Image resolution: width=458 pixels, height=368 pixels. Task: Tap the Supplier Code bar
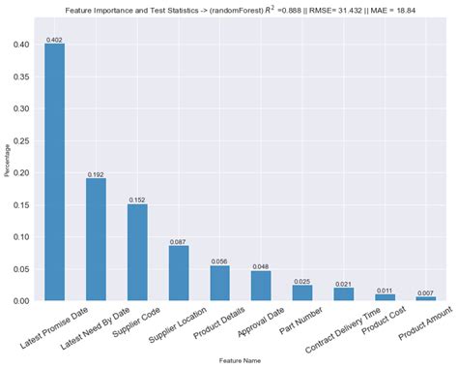tap(137, 252)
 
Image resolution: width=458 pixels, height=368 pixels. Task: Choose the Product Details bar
tap(220, 283)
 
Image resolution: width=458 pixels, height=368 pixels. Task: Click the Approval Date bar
tap(261, 286)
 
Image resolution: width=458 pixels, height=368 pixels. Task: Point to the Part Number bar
tap(302, 292)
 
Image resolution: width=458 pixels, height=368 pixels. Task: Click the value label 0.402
tap(55, 40)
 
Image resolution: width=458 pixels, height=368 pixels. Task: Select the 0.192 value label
tap(96, 174)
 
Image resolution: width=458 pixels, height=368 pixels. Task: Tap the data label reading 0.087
tap(179, 241)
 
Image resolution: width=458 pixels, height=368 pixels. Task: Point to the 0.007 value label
tap(426, 292)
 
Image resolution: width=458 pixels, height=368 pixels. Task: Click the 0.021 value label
tap(344, 284)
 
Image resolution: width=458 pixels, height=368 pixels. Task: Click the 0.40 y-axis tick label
tap(22, 45)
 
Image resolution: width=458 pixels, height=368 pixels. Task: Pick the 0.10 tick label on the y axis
tap(22, 237)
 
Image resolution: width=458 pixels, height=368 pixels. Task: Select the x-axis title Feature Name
tap(241, 361)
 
